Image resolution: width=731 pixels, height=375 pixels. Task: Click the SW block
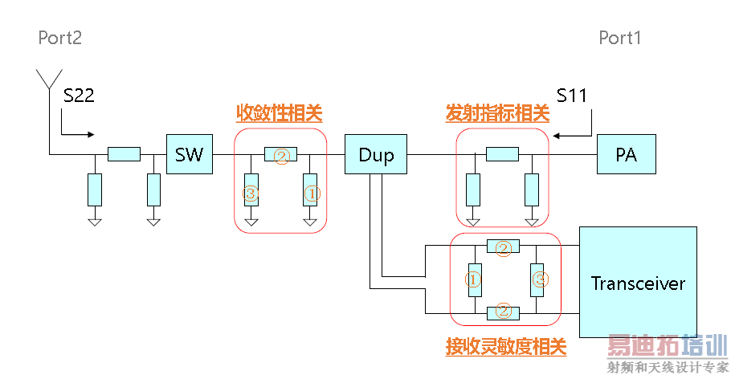click(x=190, y=154)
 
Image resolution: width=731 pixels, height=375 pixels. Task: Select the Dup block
click(x=376, y=154)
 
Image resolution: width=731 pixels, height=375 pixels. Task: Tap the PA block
click(x=626, y=154)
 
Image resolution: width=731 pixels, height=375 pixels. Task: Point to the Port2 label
click(x=60, y=38)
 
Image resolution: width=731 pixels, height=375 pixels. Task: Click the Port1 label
click(x=620, y=38)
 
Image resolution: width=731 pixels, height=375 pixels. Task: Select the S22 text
click(x=79, y=96)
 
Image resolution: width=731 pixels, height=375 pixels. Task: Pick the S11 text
click(x=571, y=96)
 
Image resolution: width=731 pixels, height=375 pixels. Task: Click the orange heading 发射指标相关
click(x=497, y=113)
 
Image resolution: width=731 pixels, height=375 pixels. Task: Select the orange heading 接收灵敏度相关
click(x=506, y=347)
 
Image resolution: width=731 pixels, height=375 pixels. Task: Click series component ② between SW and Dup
click(x=281, y=154)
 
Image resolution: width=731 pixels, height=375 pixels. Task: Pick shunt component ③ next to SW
click(x=251, y=192)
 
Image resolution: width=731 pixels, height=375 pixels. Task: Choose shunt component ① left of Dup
click(x=312, y=192)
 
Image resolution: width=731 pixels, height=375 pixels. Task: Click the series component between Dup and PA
click(x=502, y=154)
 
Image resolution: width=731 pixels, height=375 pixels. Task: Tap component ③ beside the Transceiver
click(x=541, y=279)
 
